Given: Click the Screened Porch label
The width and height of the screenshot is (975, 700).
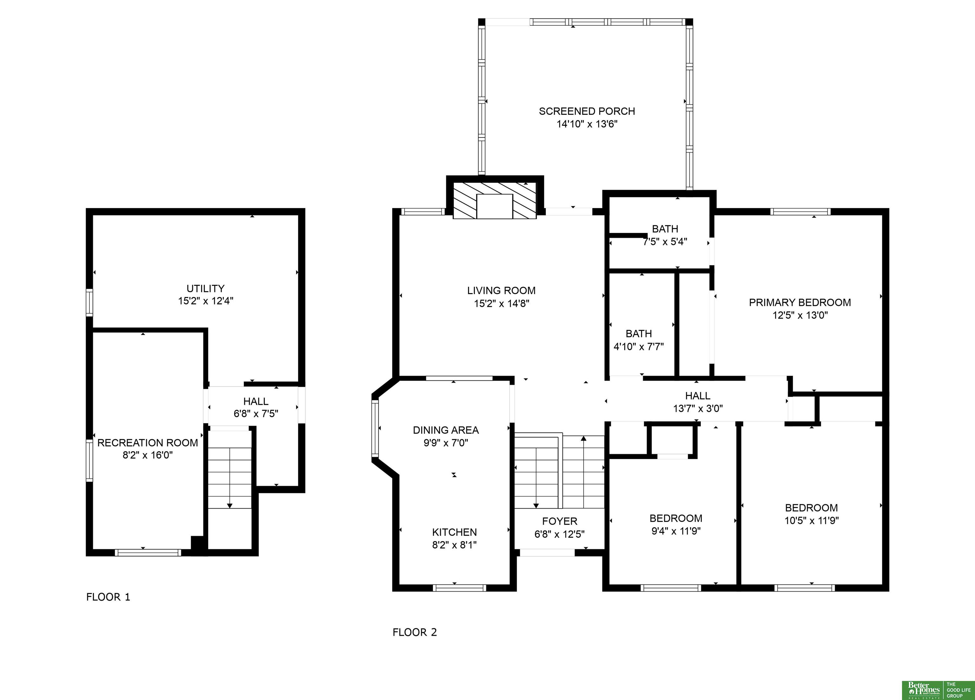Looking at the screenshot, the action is point(587,111).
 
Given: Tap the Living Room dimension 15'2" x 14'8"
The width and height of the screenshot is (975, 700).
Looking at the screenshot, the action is point(501,303).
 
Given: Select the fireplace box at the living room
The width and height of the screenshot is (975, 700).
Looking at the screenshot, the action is point(495,200).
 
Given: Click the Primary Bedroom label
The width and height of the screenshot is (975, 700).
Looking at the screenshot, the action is point(799,302).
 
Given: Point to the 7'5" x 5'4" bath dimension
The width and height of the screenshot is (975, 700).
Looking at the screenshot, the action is point(665,241).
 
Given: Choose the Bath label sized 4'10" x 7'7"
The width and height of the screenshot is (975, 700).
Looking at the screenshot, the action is point(639,333).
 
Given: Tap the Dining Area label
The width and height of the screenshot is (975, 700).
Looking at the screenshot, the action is point(446,430).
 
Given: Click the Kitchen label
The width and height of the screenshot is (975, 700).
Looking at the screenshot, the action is point(454,532).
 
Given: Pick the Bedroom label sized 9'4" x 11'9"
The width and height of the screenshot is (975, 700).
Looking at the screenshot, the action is point(676,518).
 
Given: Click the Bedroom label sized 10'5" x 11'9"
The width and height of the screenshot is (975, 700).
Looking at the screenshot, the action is point(812,508).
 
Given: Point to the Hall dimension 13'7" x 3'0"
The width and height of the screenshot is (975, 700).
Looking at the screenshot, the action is point(698,408).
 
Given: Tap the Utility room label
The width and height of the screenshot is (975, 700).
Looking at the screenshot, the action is point(205,288).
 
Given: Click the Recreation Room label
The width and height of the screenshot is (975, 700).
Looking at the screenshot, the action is point(148,443).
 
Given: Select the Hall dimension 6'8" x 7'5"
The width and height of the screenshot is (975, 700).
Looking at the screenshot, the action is point(256,413).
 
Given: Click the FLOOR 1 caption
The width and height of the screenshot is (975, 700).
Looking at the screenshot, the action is point(108,597).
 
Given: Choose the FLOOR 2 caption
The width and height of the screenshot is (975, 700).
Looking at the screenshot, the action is point(415,632).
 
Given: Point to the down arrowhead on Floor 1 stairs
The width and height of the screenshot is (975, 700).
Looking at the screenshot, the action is point(229,505).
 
